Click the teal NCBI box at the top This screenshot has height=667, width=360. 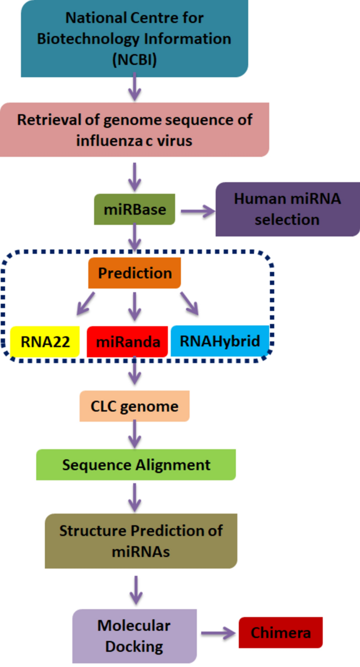coord(134,38)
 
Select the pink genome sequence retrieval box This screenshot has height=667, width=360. coord(134,129)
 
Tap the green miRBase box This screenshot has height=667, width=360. coord(135,210)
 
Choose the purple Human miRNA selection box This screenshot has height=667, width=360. coord(287,209)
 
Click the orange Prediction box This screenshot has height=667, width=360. coord(135,273)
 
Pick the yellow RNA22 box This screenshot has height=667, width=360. coord(45,342)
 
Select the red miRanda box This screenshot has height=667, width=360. coord(127,342)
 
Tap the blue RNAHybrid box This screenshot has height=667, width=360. coord(220,341)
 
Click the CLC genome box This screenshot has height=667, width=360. coord(135,406)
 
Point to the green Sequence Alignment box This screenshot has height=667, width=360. coord(136,465)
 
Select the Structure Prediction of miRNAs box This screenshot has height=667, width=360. coord(141,541)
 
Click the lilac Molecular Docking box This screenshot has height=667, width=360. coord(134,636)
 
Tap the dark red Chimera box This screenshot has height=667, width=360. coord(280,633)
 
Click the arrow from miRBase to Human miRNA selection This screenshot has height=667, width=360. coord(198,211)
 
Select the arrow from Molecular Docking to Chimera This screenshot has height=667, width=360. coord(218,633)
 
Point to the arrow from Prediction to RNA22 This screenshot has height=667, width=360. coord(86,303)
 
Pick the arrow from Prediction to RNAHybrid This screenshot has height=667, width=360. coord(189,304)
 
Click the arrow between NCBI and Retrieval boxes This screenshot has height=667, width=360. coord(135,87)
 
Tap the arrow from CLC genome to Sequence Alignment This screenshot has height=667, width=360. coord(136,434)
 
